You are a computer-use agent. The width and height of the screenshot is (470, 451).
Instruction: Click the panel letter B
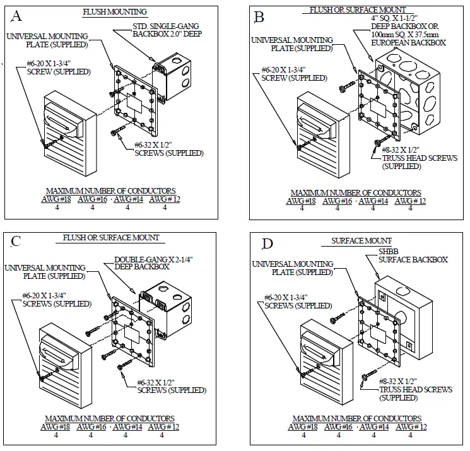click(259, 17)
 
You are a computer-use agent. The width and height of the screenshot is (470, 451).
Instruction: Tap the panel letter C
click(17, 241)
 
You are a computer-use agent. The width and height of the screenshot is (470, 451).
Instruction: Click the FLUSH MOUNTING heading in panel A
click(115, 11)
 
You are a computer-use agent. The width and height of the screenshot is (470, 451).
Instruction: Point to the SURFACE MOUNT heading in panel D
click(361, 241)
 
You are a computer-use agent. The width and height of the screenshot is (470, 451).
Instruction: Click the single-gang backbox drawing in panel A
click(166, 78)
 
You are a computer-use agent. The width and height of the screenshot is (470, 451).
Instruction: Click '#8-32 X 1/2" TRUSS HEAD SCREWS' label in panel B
click(414, 158)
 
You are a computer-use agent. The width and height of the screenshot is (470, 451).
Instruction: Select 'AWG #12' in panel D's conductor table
click(411, 427)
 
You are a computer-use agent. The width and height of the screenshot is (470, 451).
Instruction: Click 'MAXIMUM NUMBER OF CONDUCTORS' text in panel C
click(110, 418)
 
